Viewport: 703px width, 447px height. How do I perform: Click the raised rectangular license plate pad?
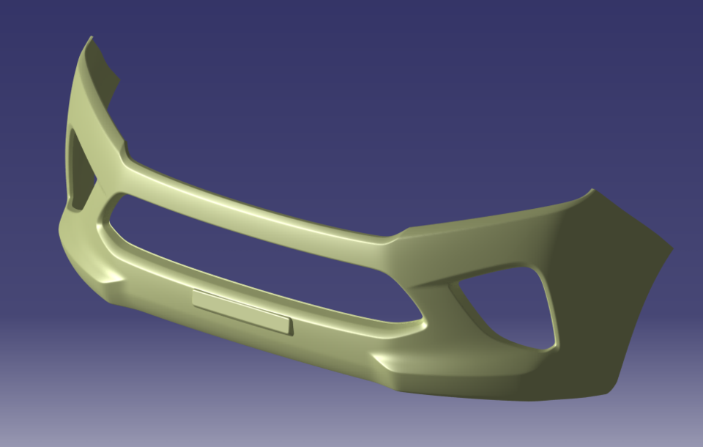(x=242, y=311)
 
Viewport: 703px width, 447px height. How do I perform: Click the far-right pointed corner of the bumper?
(x=671, y=249)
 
